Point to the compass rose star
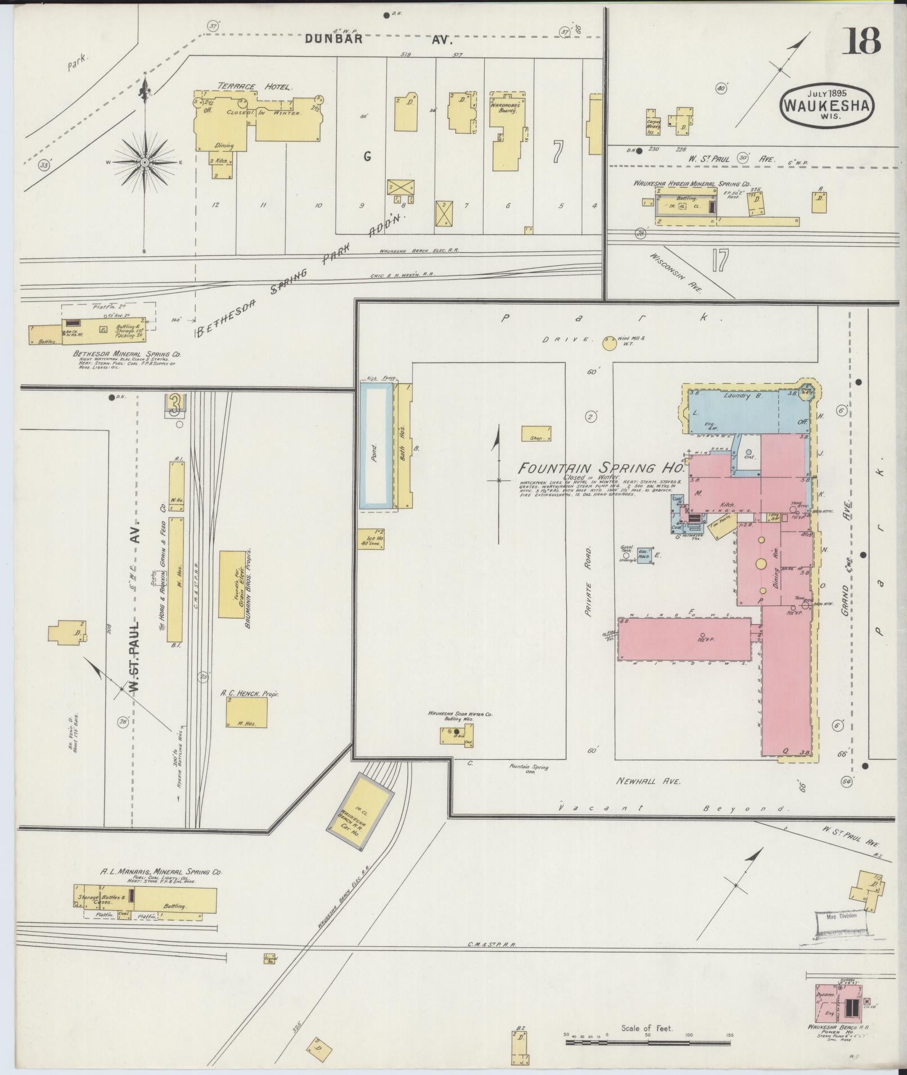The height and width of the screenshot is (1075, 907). (x=145, y=162)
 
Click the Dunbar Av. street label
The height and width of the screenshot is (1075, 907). (x=378, y=39)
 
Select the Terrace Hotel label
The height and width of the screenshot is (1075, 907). (x=252, y=87)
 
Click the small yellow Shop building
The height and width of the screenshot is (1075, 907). (x=536, y=434)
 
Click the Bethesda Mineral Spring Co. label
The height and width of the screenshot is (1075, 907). (x=127, y=355)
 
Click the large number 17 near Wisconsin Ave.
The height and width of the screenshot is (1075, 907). (x=719, y=260)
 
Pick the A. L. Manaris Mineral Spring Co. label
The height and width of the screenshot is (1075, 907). (x=161, y=888)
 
